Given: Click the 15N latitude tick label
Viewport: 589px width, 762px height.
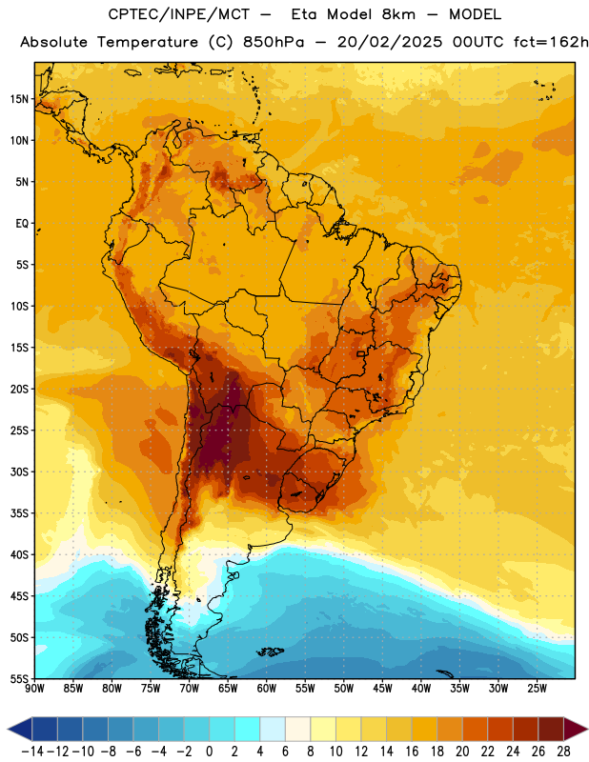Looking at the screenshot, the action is [19, 99].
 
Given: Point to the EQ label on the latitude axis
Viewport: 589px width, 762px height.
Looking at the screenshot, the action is [22, 224].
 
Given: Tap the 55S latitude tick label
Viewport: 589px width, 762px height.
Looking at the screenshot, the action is [19, 679].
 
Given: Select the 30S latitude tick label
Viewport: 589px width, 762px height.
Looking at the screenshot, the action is [19, 471].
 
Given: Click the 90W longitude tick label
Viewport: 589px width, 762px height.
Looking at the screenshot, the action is [34, 689].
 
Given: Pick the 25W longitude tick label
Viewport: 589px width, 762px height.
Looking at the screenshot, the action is [537, 689].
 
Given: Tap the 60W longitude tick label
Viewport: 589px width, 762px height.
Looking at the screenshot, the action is [267, 689].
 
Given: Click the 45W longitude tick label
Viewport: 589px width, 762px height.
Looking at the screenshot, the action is [383, 689].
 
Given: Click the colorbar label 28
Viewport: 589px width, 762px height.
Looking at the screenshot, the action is [563, 752].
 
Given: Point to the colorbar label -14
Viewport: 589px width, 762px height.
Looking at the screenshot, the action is [32, 752].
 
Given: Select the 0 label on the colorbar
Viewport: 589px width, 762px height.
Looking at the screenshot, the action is [209, 752].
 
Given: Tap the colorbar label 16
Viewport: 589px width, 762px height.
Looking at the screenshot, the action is [412, 752].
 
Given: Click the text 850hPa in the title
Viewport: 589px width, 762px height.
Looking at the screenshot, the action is [274, 42].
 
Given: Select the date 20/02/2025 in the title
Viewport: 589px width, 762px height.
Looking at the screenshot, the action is [390, 42].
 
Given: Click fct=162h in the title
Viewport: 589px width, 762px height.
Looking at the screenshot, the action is [551, 42].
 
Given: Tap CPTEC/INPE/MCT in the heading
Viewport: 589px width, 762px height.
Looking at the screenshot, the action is [178, 14].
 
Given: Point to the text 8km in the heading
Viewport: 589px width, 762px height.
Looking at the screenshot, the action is [398, 14].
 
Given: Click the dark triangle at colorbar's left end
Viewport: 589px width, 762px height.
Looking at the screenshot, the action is [20, 729].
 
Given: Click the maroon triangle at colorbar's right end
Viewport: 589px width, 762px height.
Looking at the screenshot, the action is [576, 729].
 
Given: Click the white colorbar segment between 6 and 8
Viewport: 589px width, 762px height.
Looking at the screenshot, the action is [298, 729].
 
